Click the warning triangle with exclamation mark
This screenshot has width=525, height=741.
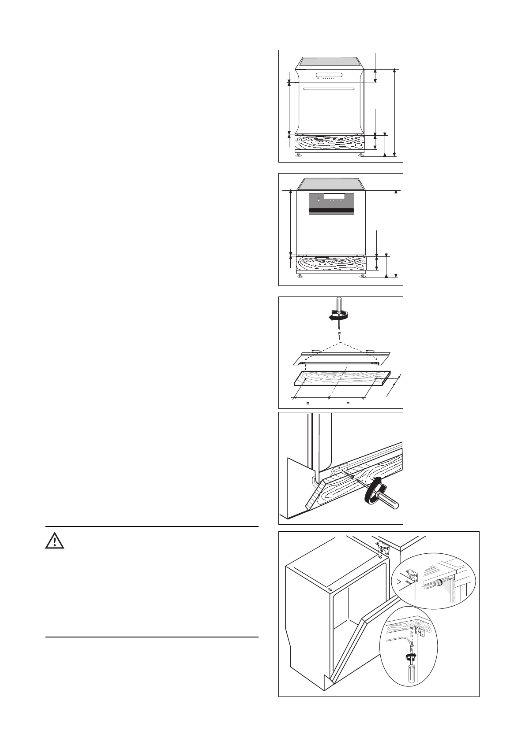coord(55,540)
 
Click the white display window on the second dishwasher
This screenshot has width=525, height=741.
coord(334,196)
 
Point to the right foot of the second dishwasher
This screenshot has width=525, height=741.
coord(363,276)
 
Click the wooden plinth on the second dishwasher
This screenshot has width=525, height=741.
coord(331,263)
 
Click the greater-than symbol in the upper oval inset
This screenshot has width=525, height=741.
coord(400,582)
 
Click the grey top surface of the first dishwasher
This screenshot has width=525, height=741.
coord(332,62)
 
